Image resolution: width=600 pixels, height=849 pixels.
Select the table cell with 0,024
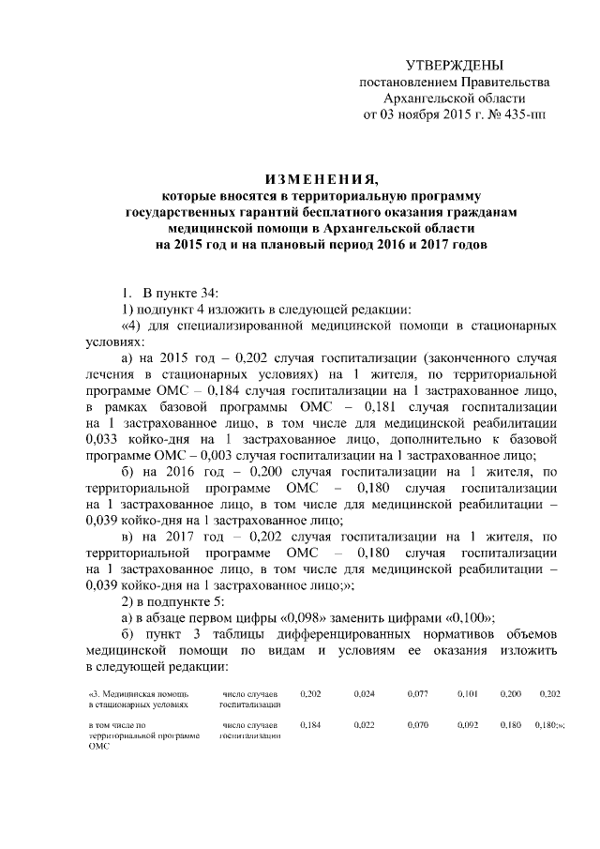click(x=365, y=693)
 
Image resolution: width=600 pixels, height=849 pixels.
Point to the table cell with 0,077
click(x=417, y=693)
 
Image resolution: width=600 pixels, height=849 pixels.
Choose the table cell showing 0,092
click(x=468, y=725)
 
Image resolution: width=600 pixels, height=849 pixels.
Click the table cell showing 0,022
click(x=365, y=725)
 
